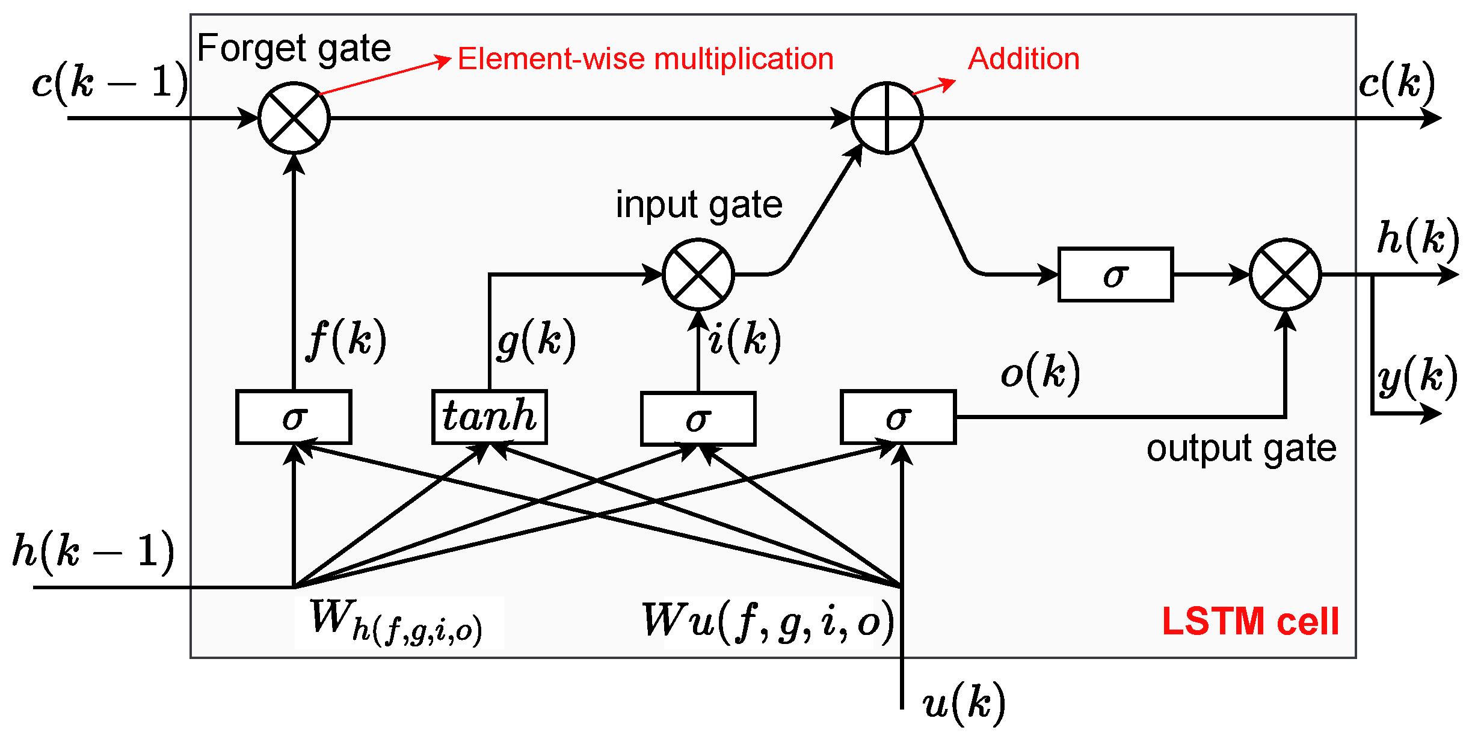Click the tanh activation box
pos(490,417)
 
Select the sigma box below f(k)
pos(294,417)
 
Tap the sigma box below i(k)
pos(698,419)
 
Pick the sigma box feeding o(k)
pos(898,417)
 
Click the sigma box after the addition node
pos(1116,274)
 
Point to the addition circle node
pos(887,118)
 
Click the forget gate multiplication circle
pos(294,118)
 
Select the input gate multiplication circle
pos(698,274)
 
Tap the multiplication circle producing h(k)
pos(1286,274)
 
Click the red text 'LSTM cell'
pos(1251,621)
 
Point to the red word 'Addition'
pos(1024,59)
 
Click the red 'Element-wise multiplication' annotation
pos(645,60)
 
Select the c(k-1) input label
pos(110,82)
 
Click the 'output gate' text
pos(1241,449)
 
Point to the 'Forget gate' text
pos(294,48)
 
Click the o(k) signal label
pos(1041,373)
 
